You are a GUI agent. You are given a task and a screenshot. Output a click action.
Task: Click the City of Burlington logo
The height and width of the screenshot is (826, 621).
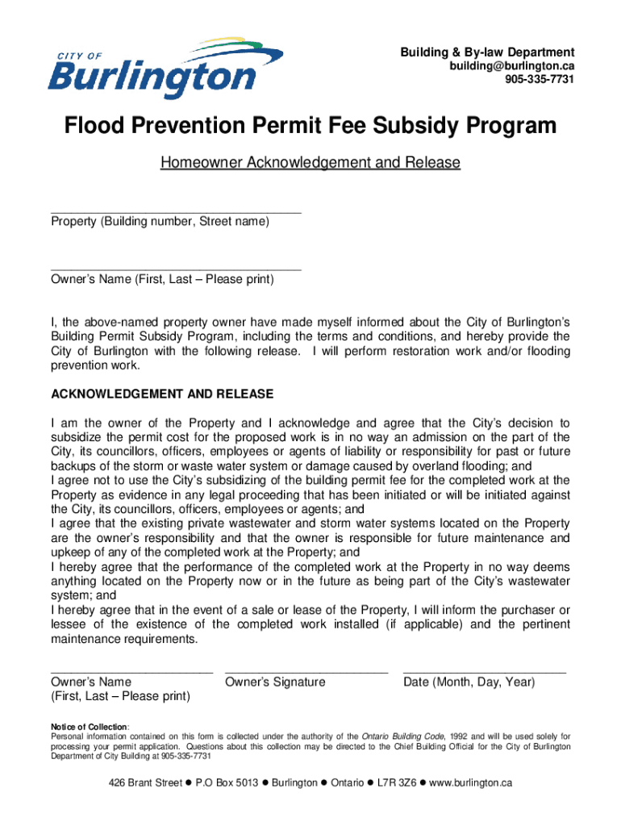click(x=166, y=68)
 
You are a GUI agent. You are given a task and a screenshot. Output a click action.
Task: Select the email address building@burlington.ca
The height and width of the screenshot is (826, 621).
click(x=512, y=65)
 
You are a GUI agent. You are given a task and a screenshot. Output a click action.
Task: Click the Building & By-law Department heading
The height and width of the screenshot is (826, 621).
click(x=487, y=52)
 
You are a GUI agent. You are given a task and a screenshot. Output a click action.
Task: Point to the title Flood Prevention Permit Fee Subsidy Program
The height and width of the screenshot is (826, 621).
click(x=310, y=126)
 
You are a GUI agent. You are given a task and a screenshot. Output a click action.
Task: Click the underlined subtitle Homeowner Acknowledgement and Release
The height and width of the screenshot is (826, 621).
click(x=310, y=163)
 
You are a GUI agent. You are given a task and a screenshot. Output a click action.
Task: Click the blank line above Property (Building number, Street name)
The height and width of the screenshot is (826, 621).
click(x=175, y=212)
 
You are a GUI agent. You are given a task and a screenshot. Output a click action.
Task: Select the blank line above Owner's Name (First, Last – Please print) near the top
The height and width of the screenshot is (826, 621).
click(x=175, y=269)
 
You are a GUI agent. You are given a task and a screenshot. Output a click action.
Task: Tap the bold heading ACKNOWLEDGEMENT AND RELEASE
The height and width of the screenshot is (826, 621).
click(x=162, y=394)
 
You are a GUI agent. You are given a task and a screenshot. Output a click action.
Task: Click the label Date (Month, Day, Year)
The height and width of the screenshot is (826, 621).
click(x=469, y=682)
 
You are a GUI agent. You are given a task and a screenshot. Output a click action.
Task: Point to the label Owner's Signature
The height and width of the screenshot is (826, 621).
click(x=275, y=682)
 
